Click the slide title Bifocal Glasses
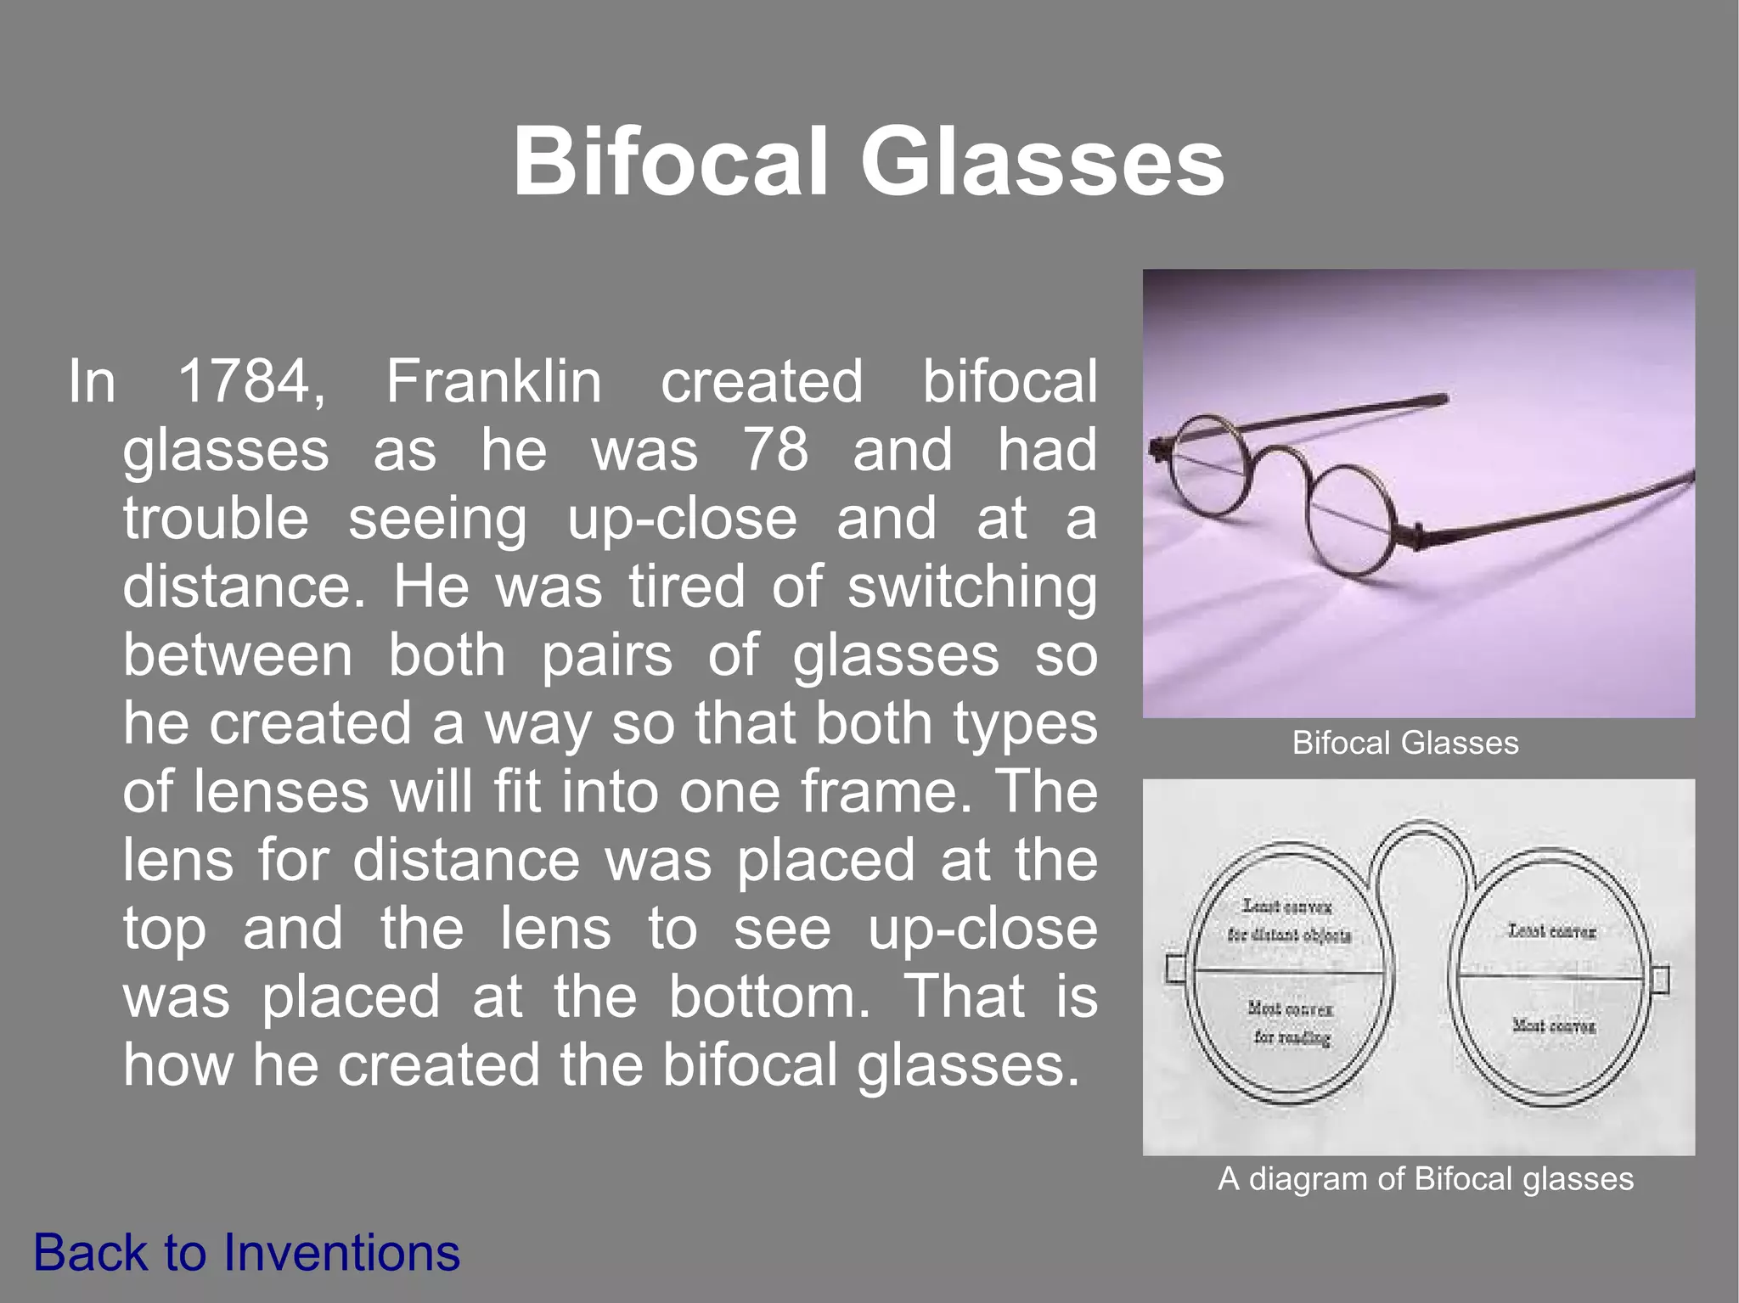(x=868, y=161)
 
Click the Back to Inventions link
(x=246, y=1253)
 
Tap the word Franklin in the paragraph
(x=494, y=382)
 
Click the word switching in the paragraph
(x=972, y=587)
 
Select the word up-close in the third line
(x=682, y=519)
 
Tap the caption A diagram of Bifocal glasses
(x=1425, y=1179)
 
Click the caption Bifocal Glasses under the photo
(x=1404, y=744)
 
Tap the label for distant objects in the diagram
(x=1289, y=935)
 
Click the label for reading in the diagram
(x=1292, y=1037)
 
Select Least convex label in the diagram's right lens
(x=1551, y=931)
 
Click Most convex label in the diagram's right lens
(x=1553, y=1025)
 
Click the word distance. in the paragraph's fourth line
(x=244, y=587)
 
